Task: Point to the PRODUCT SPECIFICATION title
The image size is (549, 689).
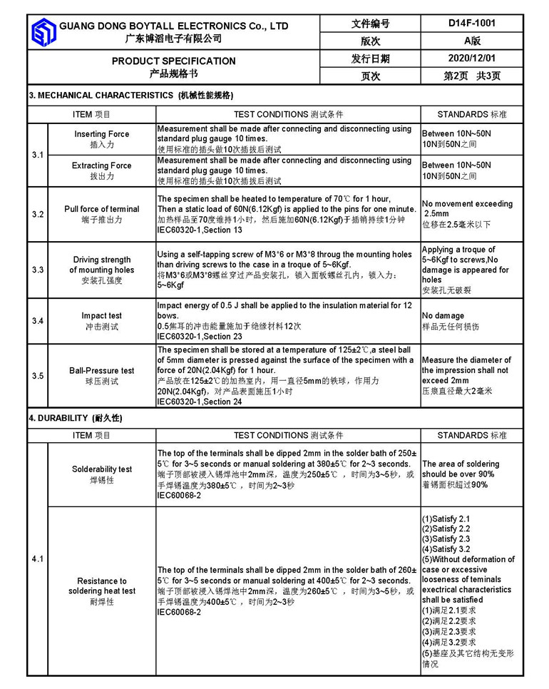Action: pyautogui.click(x=173, y=61)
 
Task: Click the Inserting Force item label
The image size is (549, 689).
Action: pyautogui.click(x=102, y=134)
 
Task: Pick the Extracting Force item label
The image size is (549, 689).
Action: pyautogui.click(x=102, y=165)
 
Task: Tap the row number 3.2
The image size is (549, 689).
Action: pyautogui.click(x=38, y=214)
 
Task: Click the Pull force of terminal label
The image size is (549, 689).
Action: pyautogui.click(x=102, y=209)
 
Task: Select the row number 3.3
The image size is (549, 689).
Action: pyautogui.click(x=38, y=270)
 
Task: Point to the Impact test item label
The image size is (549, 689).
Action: pyautogui.click(x=102, y=315)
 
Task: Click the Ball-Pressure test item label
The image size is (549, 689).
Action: pyautogui.click(x=102, y=371)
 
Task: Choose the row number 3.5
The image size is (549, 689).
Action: pyautogui.click(x=38, y=376)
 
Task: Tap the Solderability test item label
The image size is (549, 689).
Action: pyautogui.click(x=102, y=469)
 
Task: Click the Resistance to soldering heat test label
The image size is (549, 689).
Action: pyautogui.click(x=102, y=586)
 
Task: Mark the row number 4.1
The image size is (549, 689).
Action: pyautogui.click(x=38, y=559)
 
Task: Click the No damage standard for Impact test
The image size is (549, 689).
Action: pyautogui.click(x=444, y=315)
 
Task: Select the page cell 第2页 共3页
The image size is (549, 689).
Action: pyautogui.click(x=472, y=76)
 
